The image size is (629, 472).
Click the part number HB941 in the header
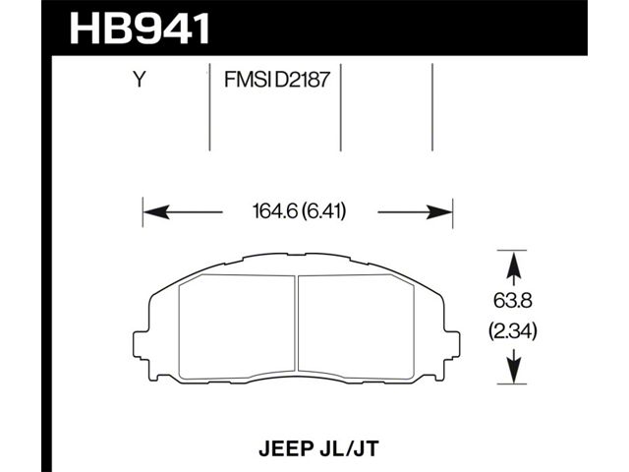point(140,29)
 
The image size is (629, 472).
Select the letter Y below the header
point(139,80)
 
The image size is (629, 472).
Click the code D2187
point(302,80)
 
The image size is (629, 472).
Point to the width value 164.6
point(275,211)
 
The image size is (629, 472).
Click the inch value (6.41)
point(323,211)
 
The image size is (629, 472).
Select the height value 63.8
point(513,301)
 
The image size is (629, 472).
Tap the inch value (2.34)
point(513,332)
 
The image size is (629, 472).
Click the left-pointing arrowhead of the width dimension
point(156,211)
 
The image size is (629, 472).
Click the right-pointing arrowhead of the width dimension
point(439,211)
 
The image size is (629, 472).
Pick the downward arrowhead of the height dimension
point(513,372)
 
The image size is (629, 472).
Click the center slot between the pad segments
point(297,324)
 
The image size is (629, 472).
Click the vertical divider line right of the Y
point(209,107)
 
